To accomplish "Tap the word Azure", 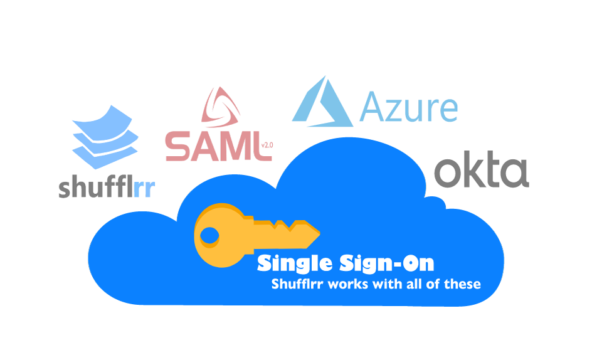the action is (x=408, y=107).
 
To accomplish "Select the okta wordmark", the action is (x=482, y=169).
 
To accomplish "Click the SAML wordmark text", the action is (x=214, y=146).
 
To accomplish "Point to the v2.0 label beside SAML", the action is (x=267, y=145).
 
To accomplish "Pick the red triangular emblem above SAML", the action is (x=221, y=107).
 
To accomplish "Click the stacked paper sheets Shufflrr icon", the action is (x=105, y=137).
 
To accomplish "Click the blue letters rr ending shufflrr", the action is (x=144, y=189).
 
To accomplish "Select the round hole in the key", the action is (x=209, y=235).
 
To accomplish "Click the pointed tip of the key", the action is (x=320, y=233).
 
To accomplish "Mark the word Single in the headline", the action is (x=295, y=263).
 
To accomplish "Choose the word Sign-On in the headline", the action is (x=387, y=263).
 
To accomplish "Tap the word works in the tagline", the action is (x=347, y=285).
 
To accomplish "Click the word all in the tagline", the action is (x=414, y=284).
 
